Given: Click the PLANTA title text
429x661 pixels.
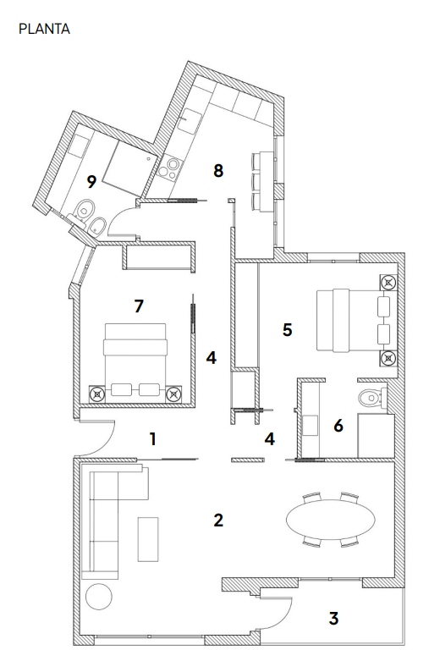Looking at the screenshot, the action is click(x=44, y=29).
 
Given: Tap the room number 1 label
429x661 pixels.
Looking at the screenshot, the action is click(x=153, y=439).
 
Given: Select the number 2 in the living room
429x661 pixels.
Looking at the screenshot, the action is click(x=217, y=521).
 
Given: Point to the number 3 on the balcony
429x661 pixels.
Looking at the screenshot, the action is click(x=333, y=619).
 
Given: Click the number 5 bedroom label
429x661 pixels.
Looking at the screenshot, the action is click(x=287, y=330).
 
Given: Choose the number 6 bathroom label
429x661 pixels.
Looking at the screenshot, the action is click(x=338, y=426).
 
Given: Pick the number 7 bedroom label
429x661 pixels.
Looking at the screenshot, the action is click(x=139, y=306).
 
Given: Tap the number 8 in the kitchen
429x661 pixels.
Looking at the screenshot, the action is click(x=217, y=171).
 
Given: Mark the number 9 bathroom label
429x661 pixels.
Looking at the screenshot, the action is click(x=91, y=182).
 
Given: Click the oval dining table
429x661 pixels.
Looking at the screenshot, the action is click(x=330, y=520).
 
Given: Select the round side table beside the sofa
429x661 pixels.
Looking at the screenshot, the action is click(x=99, y=597).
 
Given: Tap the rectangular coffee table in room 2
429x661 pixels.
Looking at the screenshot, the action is click(x=148, y=540).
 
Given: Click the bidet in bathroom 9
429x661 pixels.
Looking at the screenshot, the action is click(x=97, y=225).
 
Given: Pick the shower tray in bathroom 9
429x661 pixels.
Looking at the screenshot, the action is click(x=127, y=166).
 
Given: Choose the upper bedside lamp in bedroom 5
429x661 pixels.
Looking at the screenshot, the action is click(x=388, y=282).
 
